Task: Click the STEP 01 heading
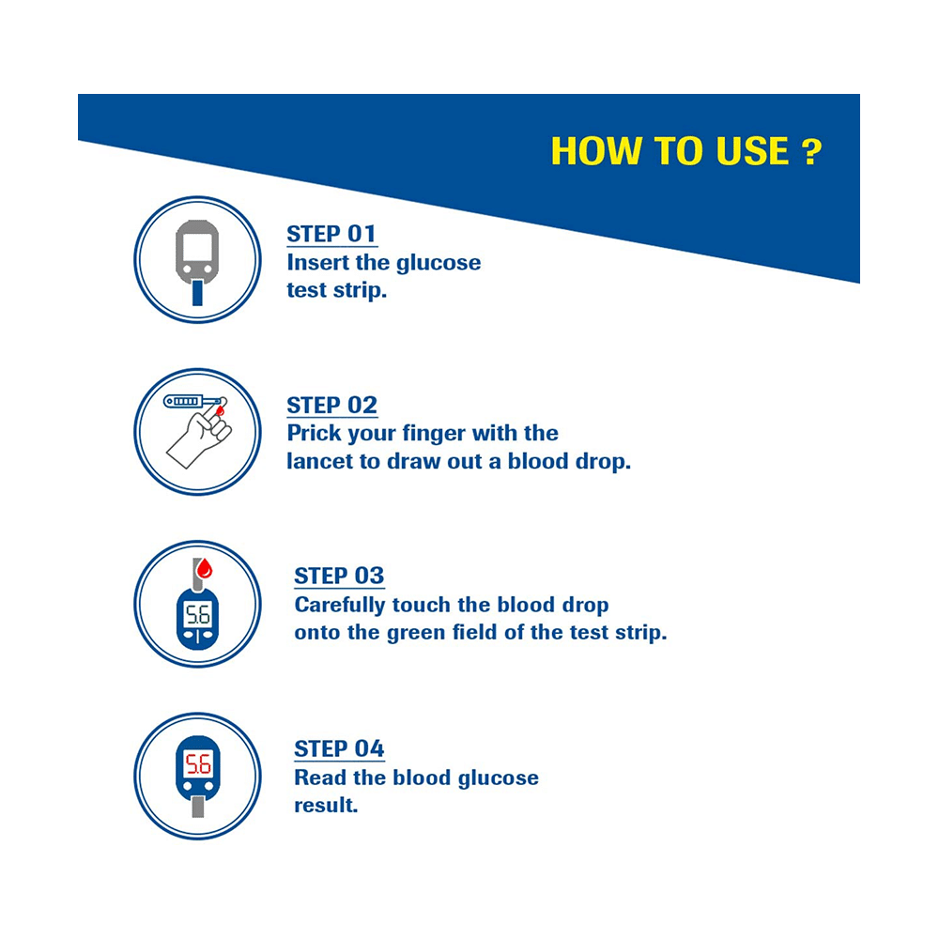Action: point(331,234)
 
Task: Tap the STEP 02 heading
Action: point(331,406)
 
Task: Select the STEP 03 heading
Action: point(339,576)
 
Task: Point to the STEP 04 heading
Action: point(339,748)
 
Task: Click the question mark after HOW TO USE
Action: point(812,152)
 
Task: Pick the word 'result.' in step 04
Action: point(327,805)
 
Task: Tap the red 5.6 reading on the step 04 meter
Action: point(198,762)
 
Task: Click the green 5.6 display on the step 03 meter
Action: point(197,616)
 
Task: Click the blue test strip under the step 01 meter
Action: point(197,295)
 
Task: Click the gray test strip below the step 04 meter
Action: point(197,806)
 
